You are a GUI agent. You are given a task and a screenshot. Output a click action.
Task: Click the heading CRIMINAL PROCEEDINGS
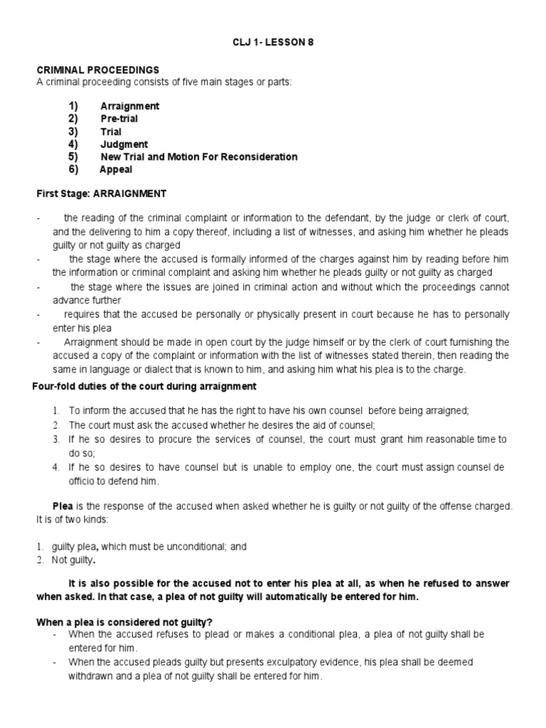click(x=98, y=70)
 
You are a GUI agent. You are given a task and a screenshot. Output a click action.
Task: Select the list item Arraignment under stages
click(x=129, y=106)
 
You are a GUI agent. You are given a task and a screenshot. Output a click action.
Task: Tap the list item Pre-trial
click(x=119, y=119)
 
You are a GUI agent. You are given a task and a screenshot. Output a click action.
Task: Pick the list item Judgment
click(x=124, y=144)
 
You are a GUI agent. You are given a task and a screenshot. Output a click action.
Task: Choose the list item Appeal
click(x=116, y=170)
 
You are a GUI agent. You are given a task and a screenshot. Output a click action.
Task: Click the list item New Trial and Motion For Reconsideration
click(x=198, y=157)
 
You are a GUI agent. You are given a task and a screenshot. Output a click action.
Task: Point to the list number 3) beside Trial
click(x=73, y=132)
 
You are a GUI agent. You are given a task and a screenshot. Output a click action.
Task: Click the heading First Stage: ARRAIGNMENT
click(x=102, y=193)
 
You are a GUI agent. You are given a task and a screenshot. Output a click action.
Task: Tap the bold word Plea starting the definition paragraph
click(x=63, y=506)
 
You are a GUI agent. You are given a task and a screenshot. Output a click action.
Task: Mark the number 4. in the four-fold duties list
click(x=55, y=468)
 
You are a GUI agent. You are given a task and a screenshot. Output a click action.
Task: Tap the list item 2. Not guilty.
click(x=73, y=560)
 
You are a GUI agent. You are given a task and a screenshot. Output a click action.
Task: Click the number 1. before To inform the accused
click(x=55, y=411)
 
